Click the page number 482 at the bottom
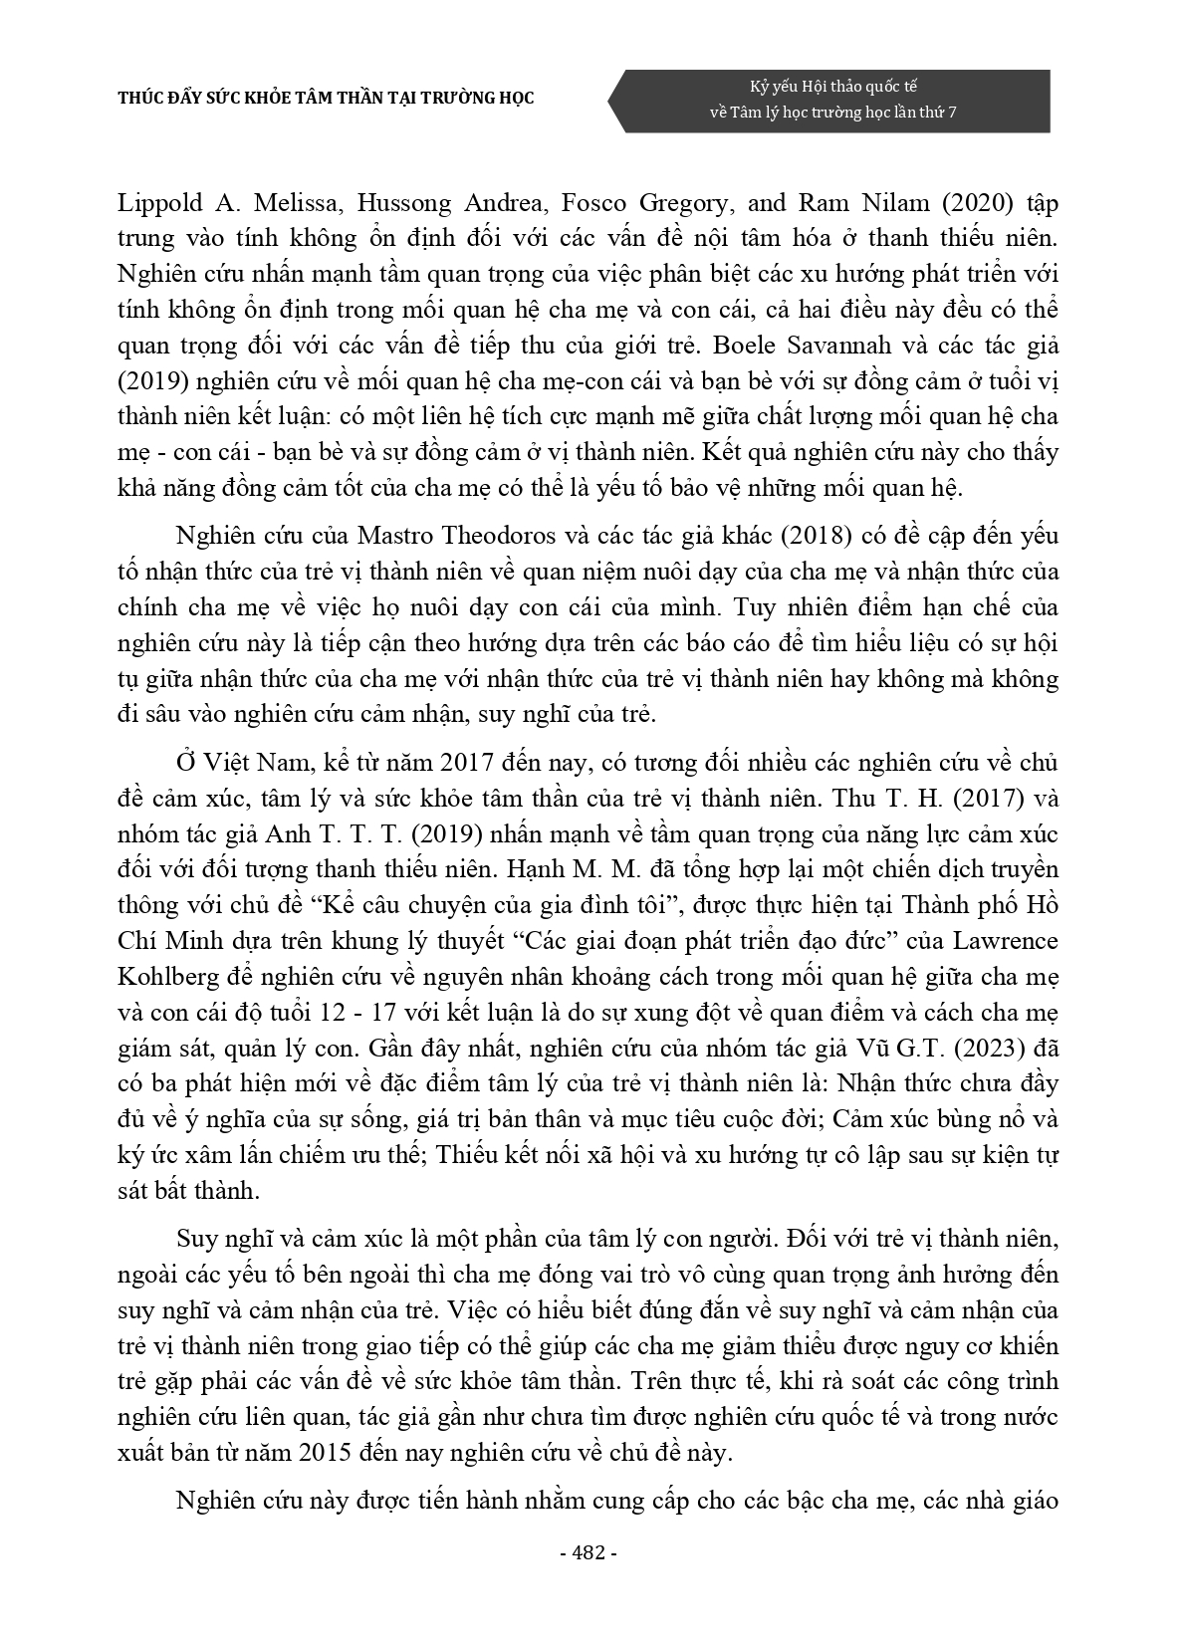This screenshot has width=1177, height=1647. click(x=589, y=1552)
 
